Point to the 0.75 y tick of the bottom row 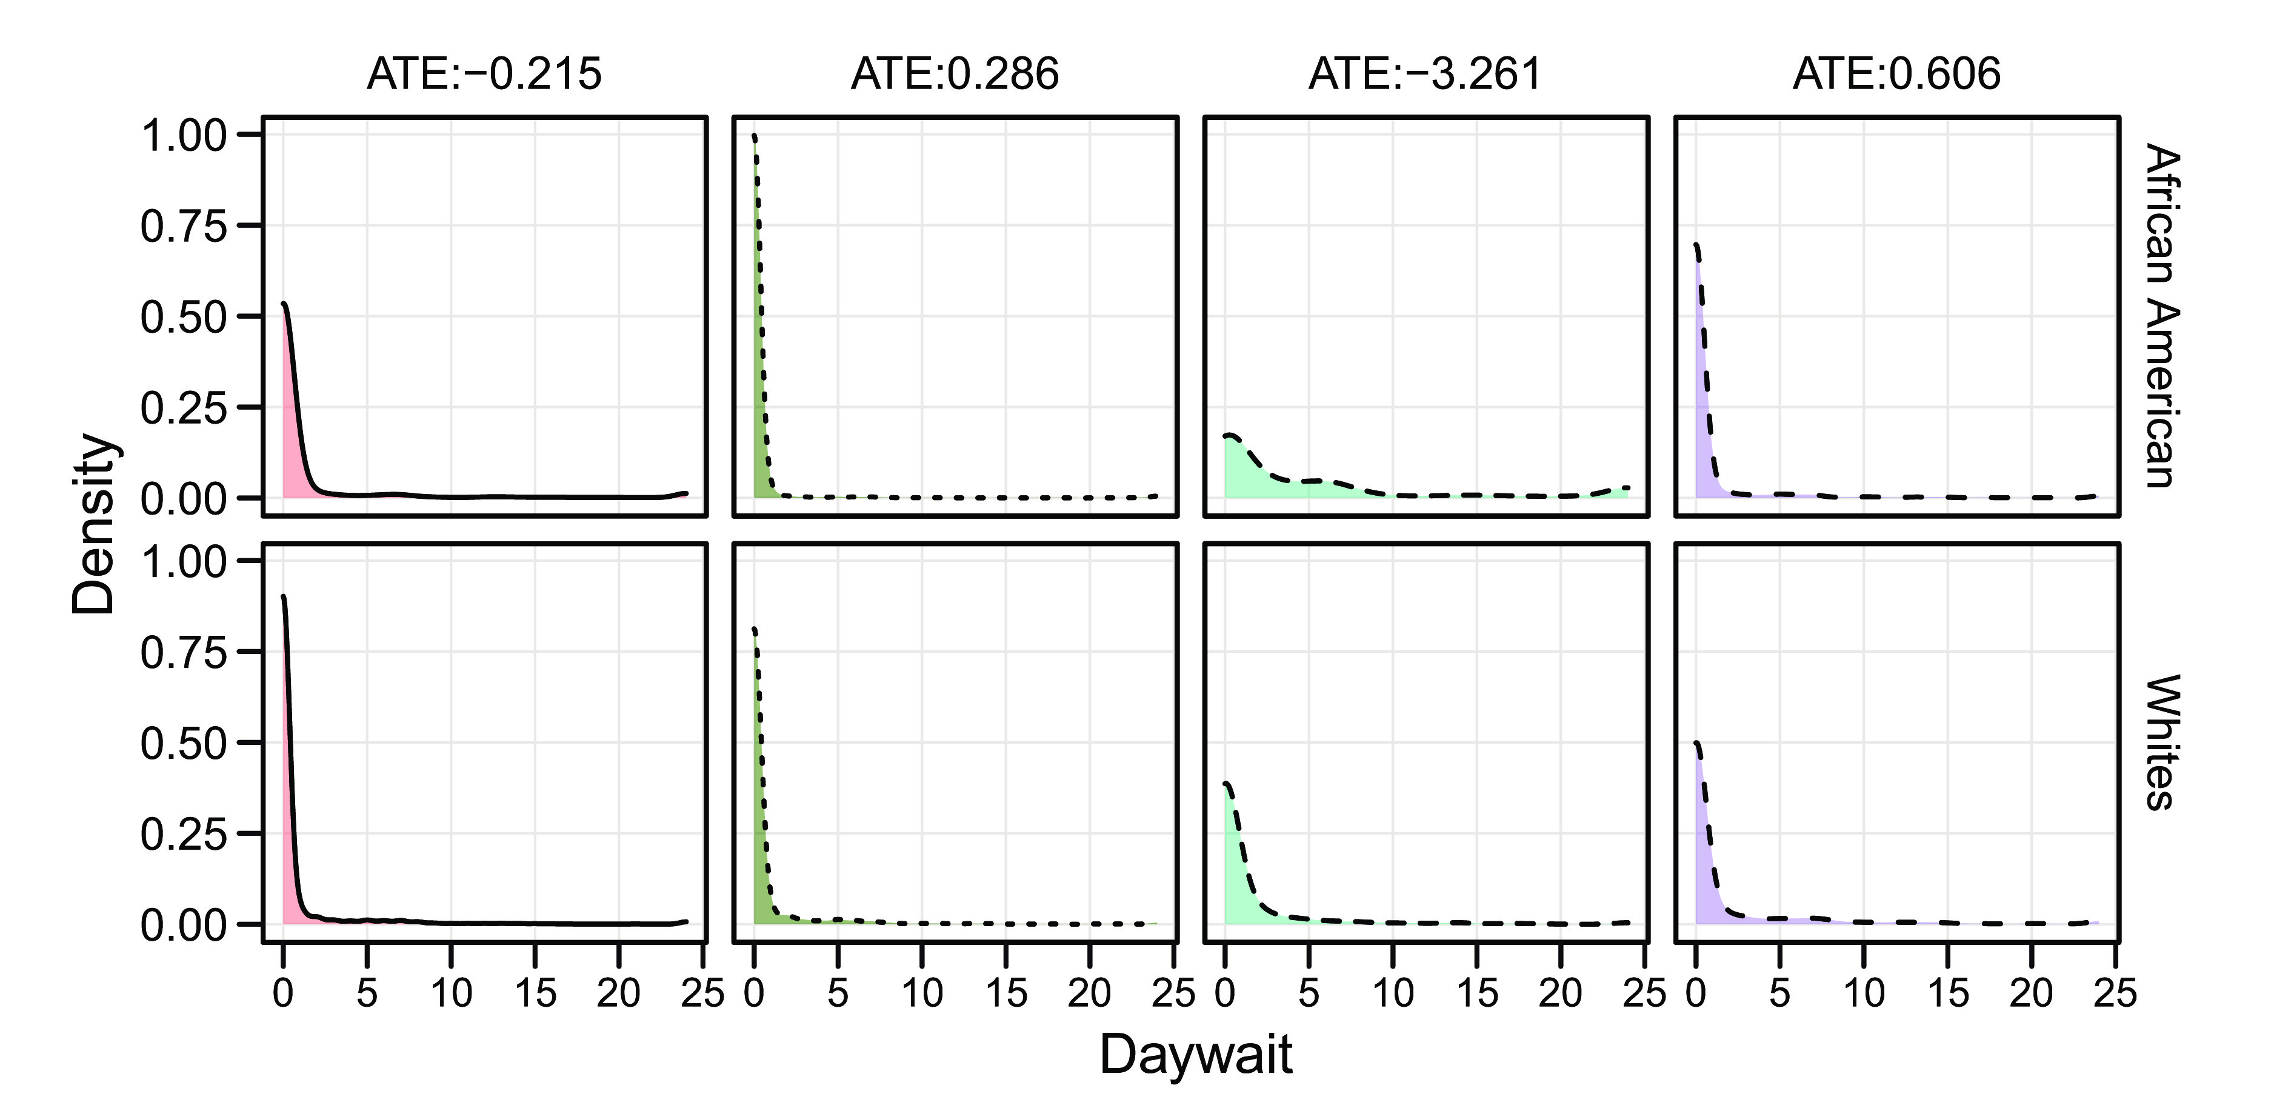click(x=184, y=653)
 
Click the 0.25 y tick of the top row click(x=184, y=407)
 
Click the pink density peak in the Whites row click(x=284, y=597)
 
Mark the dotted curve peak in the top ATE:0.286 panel click(x=754, y=136)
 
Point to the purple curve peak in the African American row click(x=1696, y=245)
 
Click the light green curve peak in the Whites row click(x=1227, y=784)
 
